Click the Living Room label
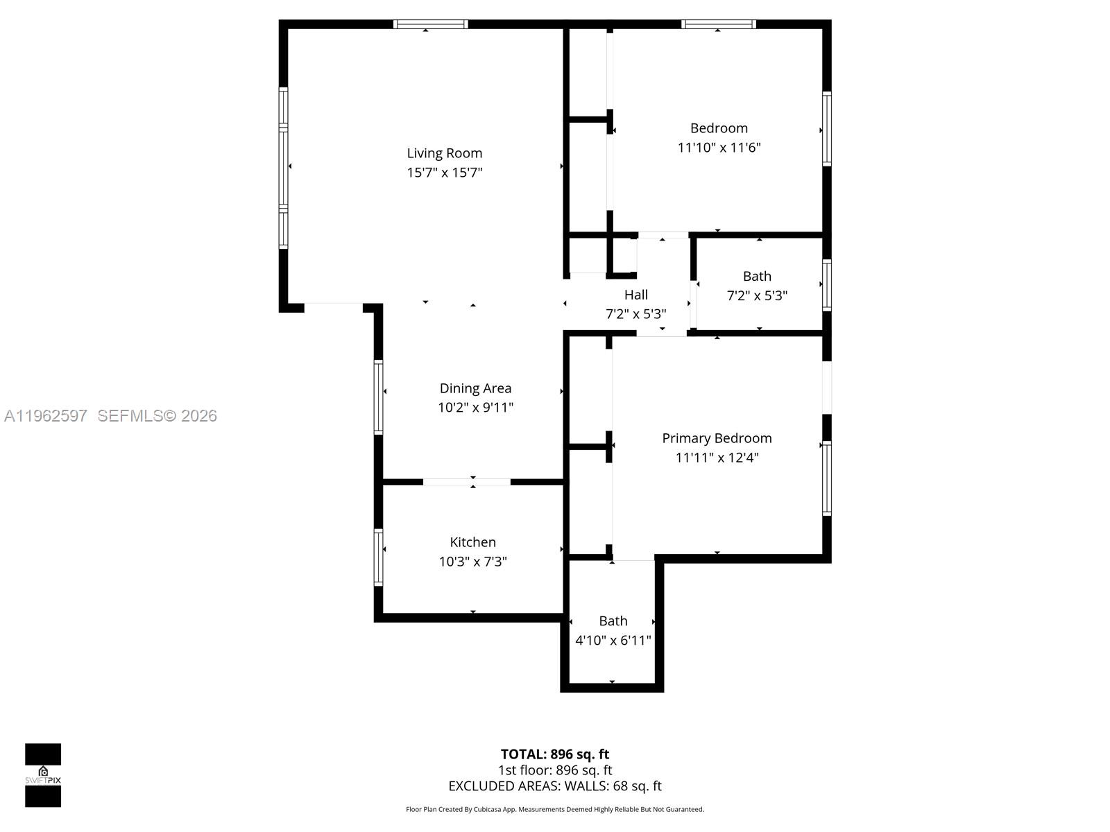pyautogui.click(x=444, y=153)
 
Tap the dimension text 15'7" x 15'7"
pyautogui.click(x=444, y=173)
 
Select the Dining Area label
pyautogui.click(x=475, y=388)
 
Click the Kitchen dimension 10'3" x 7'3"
pyautogui.click(x=472, y=562)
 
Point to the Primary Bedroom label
pyautogui.click(x=717, y=438)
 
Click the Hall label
pyautogui.click(x=635, y=295)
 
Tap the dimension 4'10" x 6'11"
pyautogui.click(x=613, y=641)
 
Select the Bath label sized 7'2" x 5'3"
pyautogui.click(x=757, y=276)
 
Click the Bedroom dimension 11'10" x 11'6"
pyautogui.click(x=719, y=148)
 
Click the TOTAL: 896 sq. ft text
pyautogui.click(x=554, y=754)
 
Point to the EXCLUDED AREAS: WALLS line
pyautogui.click(x=554, y=786)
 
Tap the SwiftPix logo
pyautogui.click(x=43, y=775)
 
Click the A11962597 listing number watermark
pyautogui.click(x=46, y=416)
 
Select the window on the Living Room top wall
pyautogui.click(x=430, y=24)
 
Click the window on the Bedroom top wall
pyautogui.click(x=718, y=24)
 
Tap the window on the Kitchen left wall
pyautogui.click(x=379, y=557)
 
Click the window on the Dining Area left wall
pyautogui.click(x=379, y=397)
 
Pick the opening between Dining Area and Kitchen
pyautogui.click(x=467, y=482)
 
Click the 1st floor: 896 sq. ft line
pyautogui.click(x=554, y=770)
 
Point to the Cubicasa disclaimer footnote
pyautogui.click(x=554, y=809)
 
